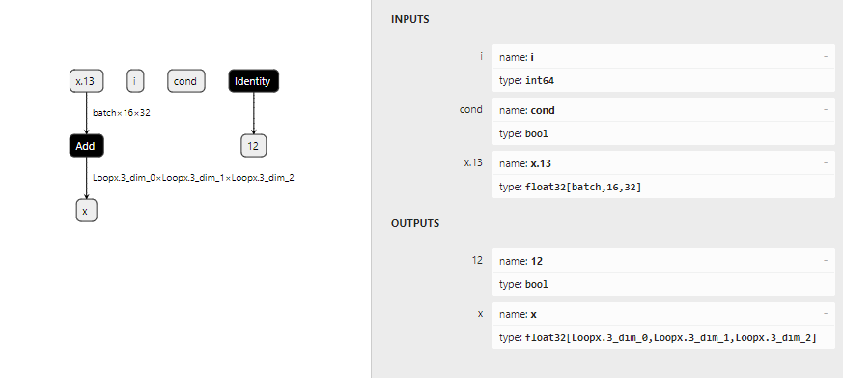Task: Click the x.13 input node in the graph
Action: pos(86,81)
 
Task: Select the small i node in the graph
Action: pos(135,81)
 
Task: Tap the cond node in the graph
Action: pos(185,81)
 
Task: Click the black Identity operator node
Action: pos(253,81)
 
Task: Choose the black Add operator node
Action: pos(86,146)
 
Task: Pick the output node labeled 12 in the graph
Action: pos(253,146)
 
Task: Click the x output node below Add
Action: pos(86,211)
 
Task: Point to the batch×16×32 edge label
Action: pos(122,113)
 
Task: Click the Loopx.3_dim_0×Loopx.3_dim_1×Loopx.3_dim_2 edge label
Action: pos(193,178)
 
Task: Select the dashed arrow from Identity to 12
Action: pos(253,114)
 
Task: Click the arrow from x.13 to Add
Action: pos(86,114)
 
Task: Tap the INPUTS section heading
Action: pos(409,20)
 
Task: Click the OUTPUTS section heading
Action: pos(415,223)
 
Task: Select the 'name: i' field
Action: pos(663,56)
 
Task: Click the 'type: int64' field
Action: pos(663,80)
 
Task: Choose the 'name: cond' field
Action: pos(663,110)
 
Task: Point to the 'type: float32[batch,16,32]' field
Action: pos(663,187)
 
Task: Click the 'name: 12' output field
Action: pos(663,261)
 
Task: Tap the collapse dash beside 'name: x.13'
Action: pos(826,162)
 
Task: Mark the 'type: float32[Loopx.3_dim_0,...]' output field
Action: pos(663,337)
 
